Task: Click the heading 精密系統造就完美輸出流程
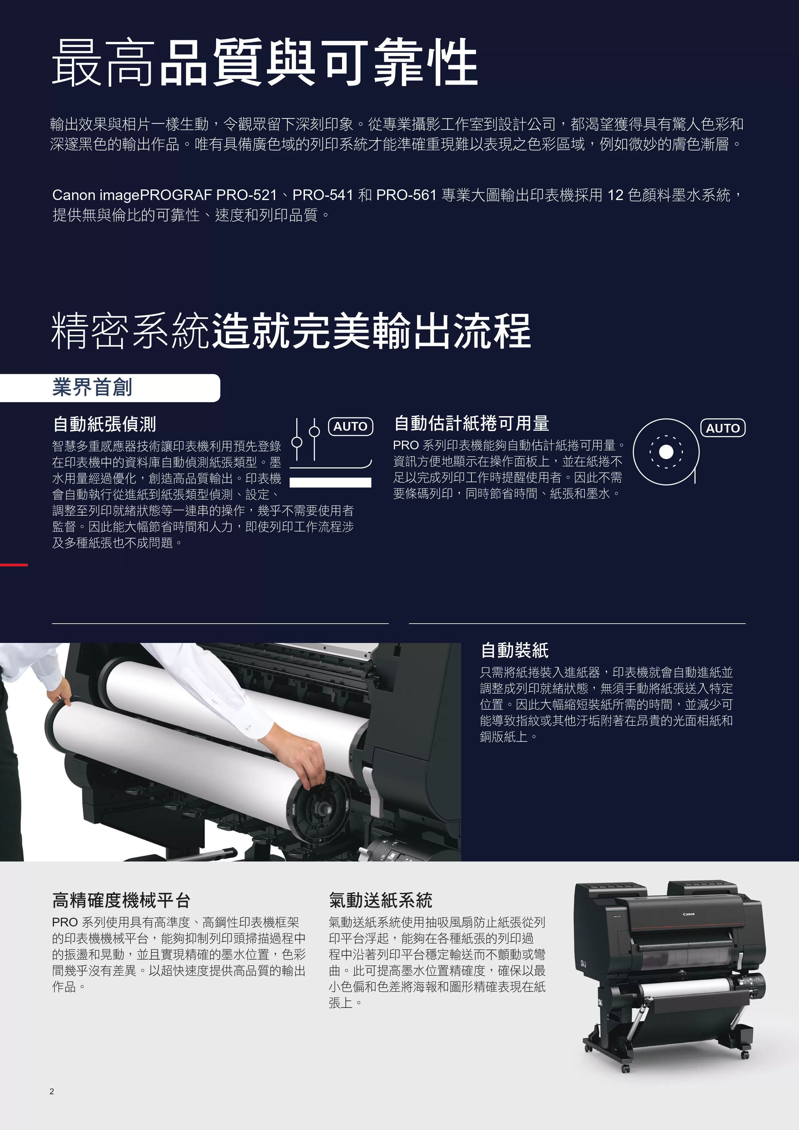pyautogui.click(x=291, y=331)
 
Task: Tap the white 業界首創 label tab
pyautogui.click(x=110, y=388)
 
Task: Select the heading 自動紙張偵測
pyautogui.click(x=104, y=424)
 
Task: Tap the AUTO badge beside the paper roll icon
pyautogui.click(x=723, y=428)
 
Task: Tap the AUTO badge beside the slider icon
pyautogui.click(x=350, y=426)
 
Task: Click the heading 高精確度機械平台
pyautogui.click(x=121, y=900)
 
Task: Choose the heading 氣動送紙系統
pyautogui.click(x=381, y=900)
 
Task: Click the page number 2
pyautogui.click(x=52, y=1091)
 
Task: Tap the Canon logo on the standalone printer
pyautogui.click(x=689, y=914)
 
